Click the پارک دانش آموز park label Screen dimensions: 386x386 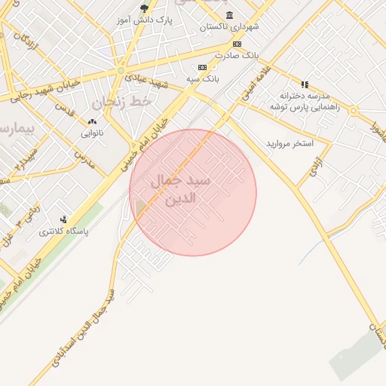tap(146, 20)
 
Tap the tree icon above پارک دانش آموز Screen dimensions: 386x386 tap(144, 9)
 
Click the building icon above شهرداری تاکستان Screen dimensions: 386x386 tap(229, 15)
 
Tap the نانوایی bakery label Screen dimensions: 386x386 tap(93, 133)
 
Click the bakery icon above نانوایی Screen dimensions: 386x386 tap(93, 121)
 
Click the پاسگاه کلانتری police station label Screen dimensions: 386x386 tap(64, 232)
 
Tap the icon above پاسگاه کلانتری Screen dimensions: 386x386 tap(73, 221)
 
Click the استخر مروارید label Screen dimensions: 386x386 tap(289, 143)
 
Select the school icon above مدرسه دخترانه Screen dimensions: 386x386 tap(305, 85)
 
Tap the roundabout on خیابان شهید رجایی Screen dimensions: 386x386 tap(120, 71)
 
